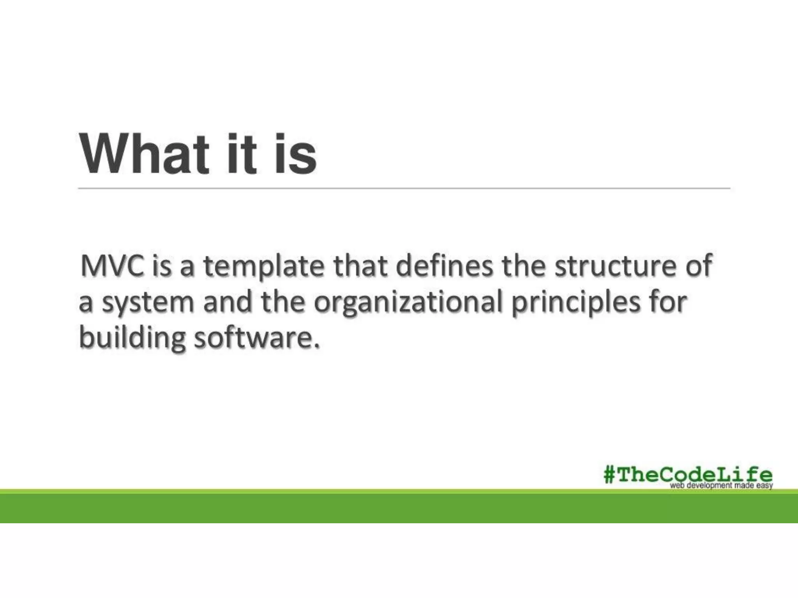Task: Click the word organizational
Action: pos(408,303)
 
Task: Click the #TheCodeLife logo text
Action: pos(688,475)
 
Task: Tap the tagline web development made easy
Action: pos(721,485)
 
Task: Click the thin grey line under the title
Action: pos(404,188)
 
